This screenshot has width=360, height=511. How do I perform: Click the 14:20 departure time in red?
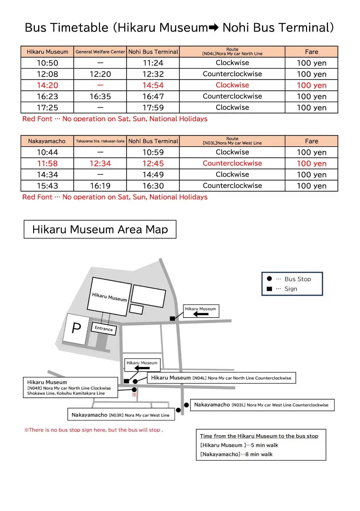click(47, 85)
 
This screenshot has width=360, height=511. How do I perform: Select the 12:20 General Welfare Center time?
click(100, 74)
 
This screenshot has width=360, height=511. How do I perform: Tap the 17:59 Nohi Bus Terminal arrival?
click(153, 108)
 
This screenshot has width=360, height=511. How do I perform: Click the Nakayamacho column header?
click(47, 141)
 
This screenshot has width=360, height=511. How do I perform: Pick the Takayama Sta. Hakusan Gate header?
click(100, 141)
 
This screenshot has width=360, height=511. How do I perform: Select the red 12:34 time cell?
click(100, 164)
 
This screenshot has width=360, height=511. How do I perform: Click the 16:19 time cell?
click(100, 186)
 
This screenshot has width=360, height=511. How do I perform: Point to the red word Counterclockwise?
click(232, 163)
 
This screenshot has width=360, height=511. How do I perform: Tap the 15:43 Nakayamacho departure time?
click(47, 186)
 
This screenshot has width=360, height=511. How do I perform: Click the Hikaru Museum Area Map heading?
click(100, 229)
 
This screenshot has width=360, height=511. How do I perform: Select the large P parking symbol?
click(77, 328)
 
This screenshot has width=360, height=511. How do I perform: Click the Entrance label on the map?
click(103, 329)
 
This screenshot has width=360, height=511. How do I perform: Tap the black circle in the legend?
click(269, 279)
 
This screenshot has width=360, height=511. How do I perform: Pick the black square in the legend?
click(269, 289)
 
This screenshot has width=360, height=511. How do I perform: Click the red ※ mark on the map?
click(134, 395)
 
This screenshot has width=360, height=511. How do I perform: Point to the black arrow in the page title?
click(213, 28)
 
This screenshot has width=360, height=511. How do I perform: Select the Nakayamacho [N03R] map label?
click(121, 415)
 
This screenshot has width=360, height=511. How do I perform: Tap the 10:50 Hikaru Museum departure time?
click(47, 63)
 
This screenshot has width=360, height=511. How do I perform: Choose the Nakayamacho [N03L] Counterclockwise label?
click(261, 405)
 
